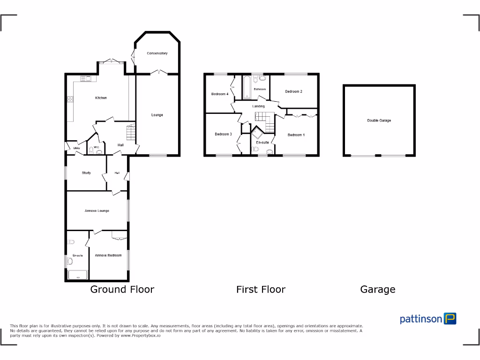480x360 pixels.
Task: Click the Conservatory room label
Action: coord(157,53)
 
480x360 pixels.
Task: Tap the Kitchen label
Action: coord(101,98)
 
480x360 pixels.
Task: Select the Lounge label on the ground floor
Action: coord(157,115)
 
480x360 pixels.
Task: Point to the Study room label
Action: coord(86,173)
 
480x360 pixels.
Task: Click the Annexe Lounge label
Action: coord(97,211)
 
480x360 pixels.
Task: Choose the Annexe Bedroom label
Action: coord(108,255)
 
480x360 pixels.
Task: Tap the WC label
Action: coord(97,147)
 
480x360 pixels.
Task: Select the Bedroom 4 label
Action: coord(220,94)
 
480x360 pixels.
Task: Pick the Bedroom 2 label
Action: coord(293,91)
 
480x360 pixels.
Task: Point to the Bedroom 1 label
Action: coord(296,135)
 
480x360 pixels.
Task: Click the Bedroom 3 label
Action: coord(223,135)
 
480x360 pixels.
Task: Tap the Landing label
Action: coord(258,106)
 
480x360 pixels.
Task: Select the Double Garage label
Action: coord(379,120)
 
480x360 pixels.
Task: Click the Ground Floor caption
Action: coord(122,289)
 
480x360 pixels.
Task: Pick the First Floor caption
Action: coord(261,289)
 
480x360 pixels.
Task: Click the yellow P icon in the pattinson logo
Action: coord(450,319)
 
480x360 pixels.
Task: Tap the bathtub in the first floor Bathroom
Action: coord(247,88)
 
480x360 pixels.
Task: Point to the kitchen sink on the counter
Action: coord(86,78)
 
